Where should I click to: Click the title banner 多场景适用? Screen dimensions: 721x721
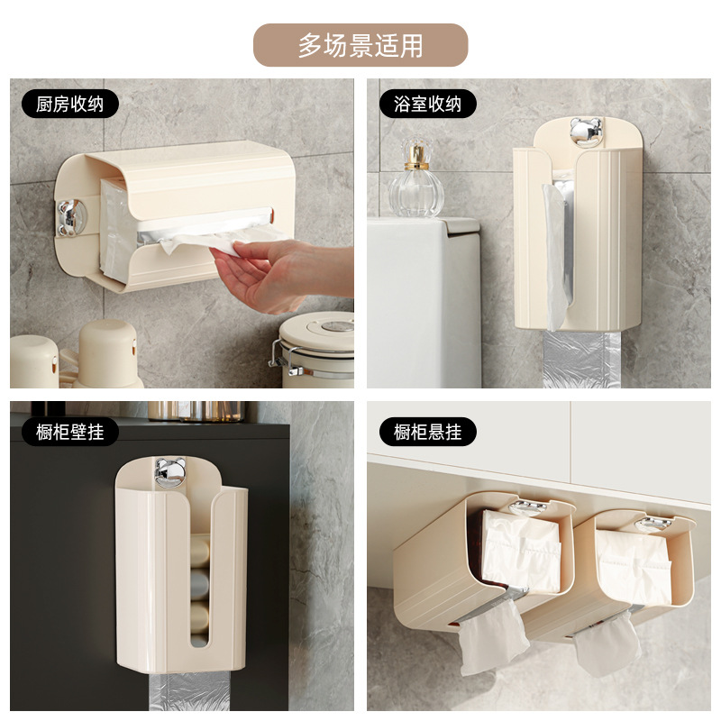(x=360, y=45)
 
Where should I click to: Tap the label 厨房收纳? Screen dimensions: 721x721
(x=70, y=104)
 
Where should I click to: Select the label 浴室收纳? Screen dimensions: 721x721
(x=427, y=104)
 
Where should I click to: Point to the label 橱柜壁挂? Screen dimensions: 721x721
(x=70, y=432)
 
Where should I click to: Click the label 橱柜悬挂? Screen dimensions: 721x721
(x=427, y=432)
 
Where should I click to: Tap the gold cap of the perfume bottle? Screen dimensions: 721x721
(x=416, y=156)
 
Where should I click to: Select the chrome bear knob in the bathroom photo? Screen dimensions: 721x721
(x=586, y=132)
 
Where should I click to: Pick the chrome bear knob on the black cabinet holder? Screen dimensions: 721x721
(x=170, y=472)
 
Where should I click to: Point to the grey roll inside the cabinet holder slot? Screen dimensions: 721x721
(x=199, y=585)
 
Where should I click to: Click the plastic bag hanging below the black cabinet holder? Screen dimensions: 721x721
(x=189, y=692)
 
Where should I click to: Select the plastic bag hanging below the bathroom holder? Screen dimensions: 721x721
(x=581, y=360)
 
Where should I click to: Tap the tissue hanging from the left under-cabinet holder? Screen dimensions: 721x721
(x=492, y=637)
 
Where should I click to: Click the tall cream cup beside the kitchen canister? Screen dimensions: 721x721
(x=108, y=353)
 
